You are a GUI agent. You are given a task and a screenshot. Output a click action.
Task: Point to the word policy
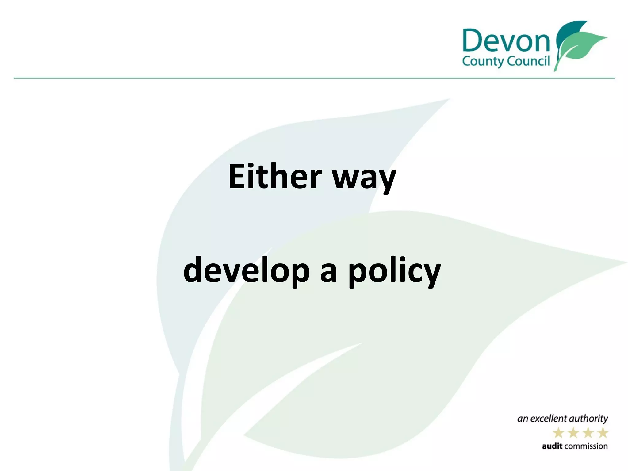394,272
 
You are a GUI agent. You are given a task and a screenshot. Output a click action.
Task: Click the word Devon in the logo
506,41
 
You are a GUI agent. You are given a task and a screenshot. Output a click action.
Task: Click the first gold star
558,433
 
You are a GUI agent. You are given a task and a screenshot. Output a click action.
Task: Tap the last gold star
603,433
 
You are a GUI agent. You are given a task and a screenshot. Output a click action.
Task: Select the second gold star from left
573,433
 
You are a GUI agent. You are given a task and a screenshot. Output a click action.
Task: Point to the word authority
589,419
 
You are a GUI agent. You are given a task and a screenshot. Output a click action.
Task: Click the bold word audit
552,446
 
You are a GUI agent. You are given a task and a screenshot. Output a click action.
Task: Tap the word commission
586,446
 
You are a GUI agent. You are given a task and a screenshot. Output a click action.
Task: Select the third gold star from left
588,433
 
